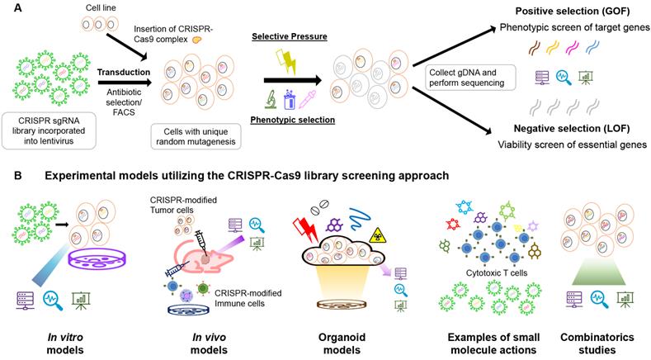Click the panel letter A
point(7,7)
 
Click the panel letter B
point(7,177)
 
